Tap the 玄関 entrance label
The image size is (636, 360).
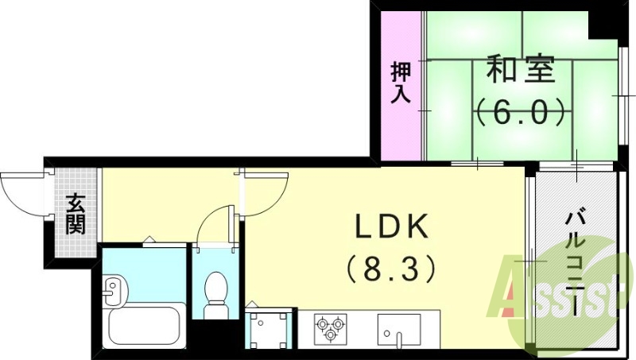[76, 214]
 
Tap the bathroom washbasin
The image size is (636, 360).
[114, 289]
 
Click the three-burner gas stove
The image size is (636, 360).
[331, 327]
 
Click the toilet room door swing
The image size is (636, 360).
[213, 226]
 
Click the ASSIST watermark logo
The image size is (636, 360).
[568, 298]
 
